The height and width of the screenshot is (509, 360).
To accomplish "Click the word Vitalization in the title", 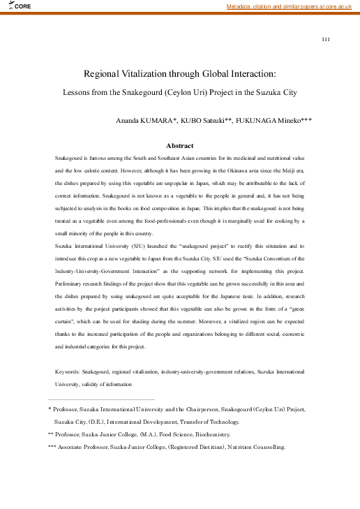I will coord(147,73).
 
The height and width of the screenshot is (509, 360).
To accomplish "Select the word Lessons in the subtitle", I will coord(78,91).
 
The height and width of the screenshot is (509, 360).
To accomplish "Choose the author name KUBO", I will coord(192,120).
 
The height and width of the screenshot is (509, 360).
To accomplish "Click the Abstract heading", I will coord(179,146).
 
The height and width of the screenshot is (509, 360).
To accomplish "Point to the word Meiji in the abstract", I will coord(287,170).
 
